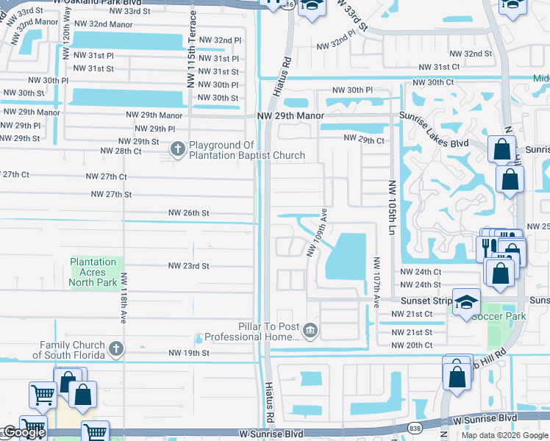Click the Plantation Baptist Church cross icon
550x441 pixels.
coord(177,150)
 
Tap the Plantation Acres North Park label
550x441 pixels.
coord(93,272)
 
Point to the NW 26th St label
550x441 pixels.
coord(189,212)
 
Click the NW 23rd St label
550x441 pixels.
coord(189,266)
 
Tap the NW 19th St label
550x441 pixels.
coord(189,353)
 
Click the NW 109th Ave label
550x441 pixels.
coord(315,232)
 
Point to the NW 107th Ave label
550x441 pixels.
coord(376,282)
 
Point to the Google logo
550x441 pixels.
coord(24,433)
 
